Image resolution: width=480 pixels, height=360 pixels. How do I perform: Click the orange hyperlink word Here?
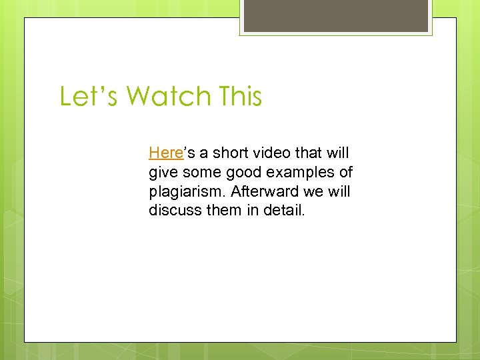click(x=165, y=153)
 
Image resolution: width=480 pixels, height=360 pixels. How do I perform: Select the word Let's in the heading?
click(x=89, y=96)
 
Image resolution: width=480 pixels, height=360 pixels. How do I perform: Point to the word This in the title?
click(x=239, y=96)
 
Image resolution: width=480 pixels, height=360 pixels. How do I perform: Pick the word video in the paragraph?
click(x=275, y=153)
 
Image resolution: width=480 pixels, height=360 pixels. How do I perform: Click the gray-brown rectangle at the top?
click(x=335, y=15)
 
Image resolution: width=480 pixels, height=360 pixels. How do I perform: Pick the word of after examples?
click(x=346, y=173)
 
